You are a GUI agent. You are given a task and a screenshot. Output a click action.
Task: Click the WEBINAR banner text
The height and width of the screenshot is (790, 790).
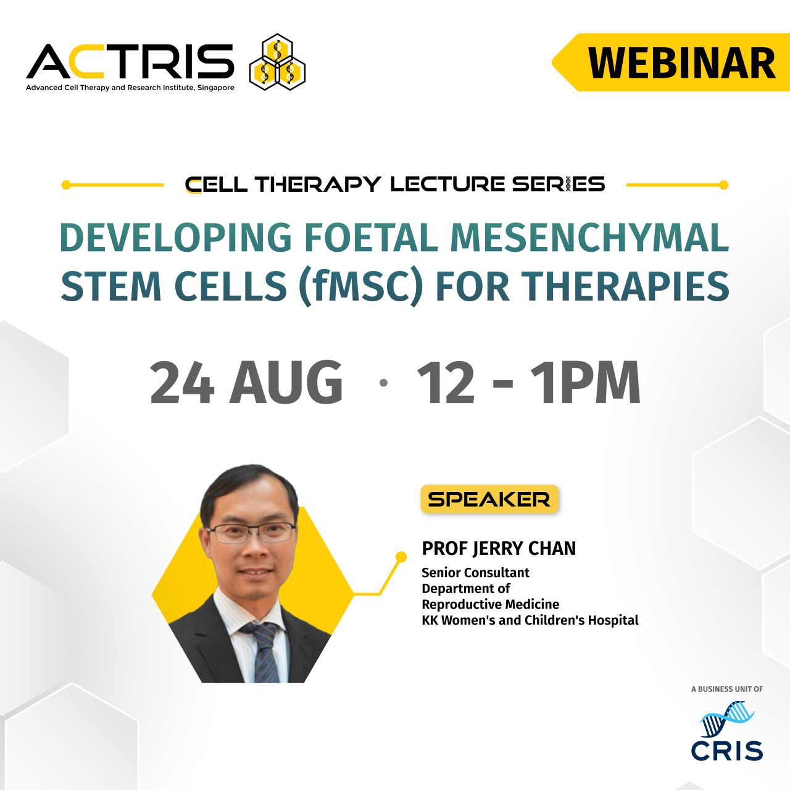click(681, 63)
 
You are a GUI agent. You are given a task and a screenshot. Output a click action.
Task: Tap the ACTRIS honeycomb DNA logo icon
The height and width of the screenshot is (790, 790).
click(277, 62)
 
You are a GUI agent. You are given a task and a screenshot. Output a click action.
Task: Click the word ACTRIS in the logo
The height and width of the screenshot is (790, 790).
click(130, 62)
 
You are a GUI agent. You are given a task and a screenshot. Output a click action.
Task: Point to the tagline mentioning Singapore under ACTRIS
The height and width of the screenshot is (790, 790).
click(130, 88)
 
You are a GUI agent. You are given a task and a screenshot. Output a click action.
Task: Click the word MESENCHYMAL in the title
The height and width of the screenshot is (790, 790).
click(589, 238)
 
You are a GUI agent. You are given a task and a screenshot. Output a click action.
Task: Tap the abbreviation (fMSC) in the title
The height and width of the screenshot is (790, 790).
click(361, 286)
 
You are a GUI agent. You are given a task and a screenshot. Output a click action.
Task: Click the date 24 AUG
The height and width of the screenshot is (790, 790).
click(246, 383)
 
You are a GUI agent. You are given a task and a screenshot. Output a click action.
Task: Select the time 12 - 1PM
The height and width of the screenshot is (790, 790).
click(529, 383)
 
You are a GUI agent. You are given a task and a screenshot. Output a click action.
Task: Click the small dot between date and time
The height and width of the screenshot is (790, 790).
click(383, 383)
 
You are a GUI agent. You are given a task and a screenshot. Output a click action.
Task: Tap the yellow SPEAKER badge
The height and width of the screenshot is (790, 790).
click(489, 499)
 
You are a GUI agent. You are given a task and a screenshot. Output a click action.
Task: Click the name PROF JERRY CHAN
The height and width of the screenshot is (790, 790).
click(499, 548)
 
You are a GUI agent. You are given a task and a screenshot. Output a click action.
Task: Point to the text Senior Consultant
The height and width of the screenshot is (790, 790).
click(475, 573)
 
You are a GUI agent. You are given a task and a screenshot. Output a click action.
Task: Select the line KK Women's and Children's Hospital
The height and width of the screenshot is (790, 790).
click(530, 620)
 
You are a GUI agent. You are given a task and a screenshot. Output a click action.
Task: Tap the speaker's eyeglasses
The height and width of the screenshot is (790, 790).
click(252, 531)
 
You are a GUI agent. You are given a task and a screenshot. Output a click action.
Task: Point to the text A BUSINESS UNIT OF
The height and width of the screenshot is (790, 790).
click(727, 689)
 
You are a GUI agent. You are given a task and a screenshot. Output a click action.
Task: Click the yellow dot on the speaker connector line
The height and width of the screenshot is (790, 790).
click(401, 557)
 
